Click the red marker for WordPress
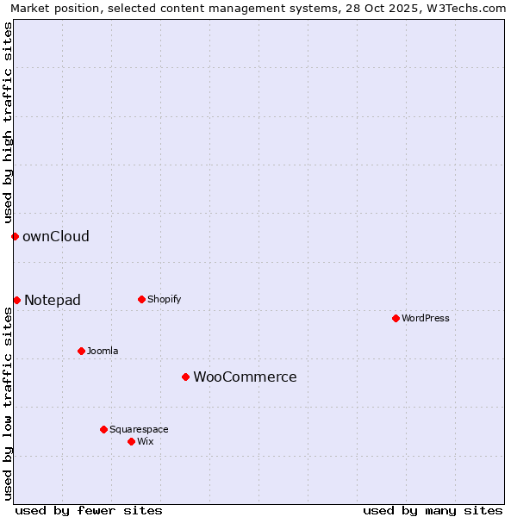[396, 318]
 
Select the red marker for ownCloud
[15, 236]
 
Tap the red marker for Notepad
[16, 300]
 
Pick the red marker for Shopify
[141, 299]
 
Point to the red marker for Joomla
[81, 351]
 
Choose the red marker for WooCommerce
[185, 377]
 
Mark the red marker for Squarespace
[103, 429]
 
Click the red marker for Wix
[131, 441]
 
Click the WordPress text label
[426, 318]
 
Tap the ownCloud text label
[56, 236]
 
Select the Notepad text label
[53, 300]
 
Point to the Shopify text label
[165, 299]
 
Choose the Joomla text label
[103, 351]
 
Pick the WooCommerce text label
[245, 377]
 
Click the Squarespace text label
[139, 429]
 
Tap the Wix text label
[146, 441]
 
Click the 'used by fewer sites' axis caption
[89, 510]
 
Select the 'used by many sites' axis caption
[433, 510]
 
